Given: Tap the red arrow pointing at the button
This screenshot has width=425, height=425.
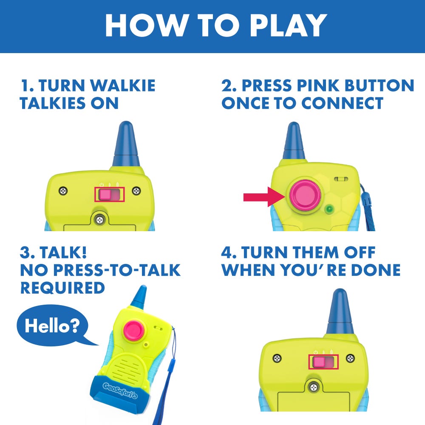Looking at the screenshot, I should [260, 197].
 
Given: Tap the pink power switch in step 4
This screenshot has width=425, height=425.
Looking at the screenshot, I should [319, 362].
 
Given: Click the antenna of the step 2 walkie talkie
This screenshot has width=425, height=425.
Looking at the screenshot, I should [293, 143].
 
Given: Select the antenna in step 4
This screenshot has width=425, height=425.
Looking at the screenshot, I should [340, 312].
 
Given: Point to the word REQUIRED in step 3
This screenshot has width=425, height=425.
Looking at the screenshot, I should [62, 288].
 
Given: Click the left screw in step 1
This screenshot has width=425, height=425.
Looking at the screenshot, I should [63, 190].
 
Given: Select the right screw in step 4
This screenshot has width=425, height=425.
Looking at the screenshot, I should [350, 357].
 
